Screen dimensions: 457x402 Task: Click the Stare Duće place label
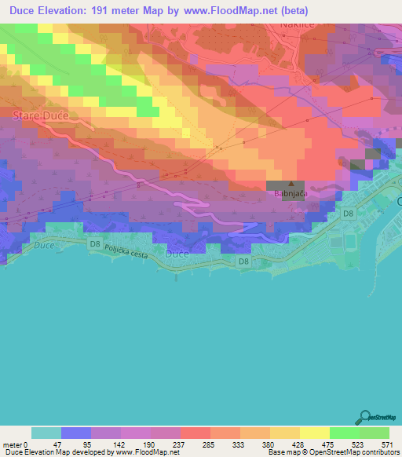[x=41, y=115]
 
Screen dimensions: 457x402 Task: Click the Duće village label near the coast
[x=177, y=254]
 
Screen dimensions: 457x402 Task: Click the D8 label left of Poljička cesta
[x=95, y=244]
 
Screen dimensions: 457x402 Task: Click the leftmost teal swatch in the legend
[x=46, y=433]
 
